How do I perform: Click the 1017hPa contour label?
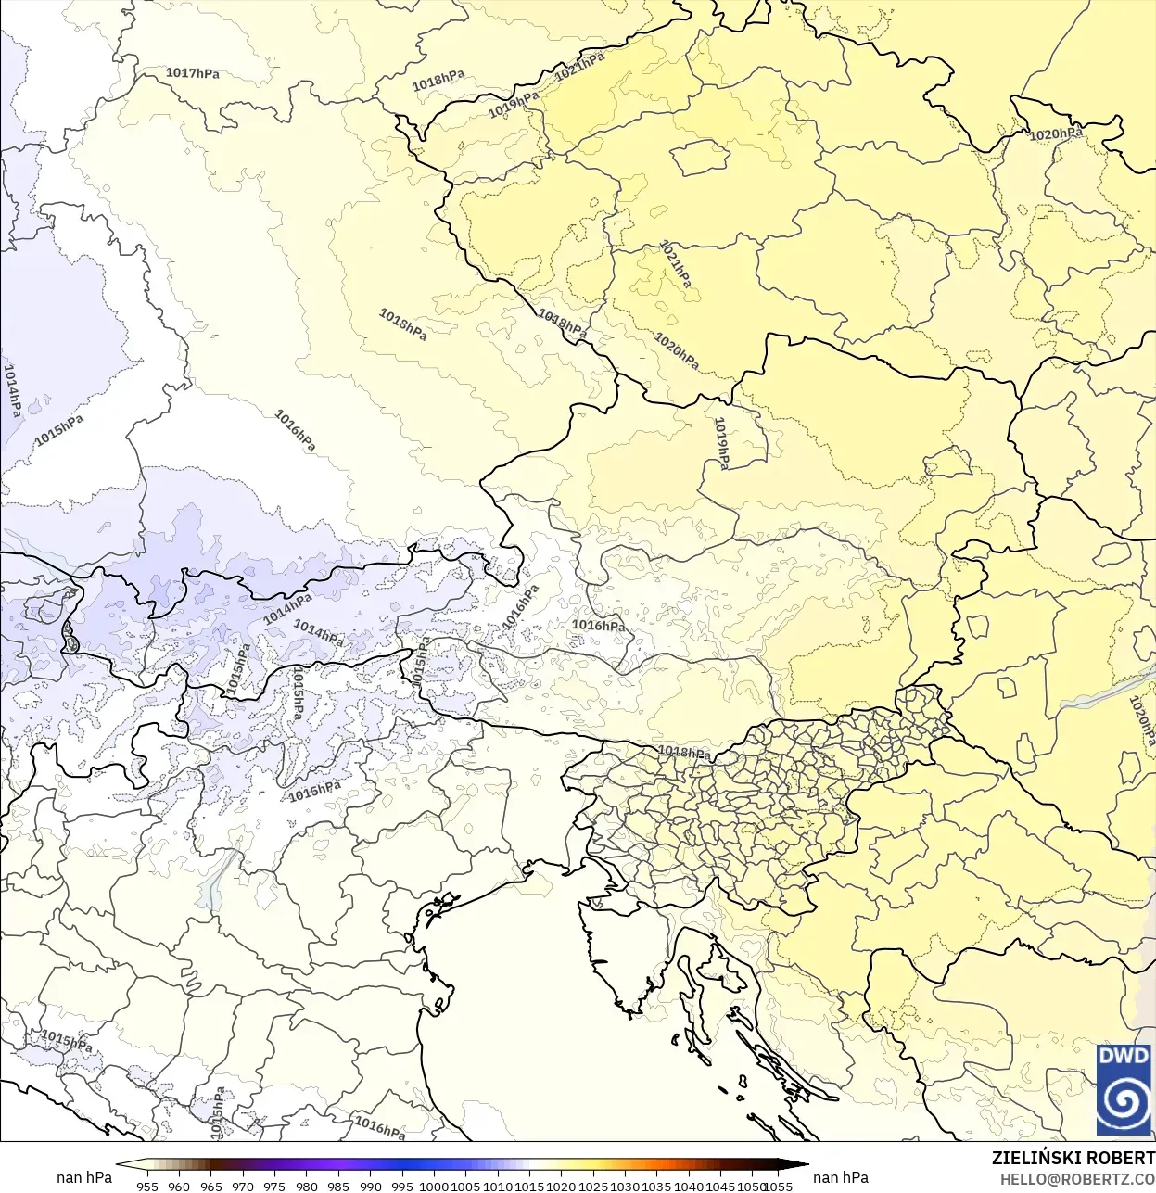point(193,73)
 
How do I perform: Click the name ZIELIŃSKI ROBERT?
point(1073,1158)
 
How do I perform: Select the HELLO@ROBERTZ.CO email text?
point(1077,1179)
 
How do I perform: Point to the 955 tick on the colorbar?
point(147,1186)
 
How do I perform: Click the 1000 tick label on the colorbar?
point(434,1186)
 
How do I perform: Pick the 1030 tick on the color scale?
point(625,1186)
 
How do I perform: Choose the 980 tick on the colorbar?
point(307,1186)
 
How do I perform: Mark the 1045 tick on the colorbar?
point(720,1186)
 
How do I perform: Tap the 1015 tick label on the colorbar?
point(529,1186)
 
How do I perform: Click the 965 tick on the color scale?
point(211,1186)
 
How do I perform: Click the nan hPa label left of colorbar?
point(84,1177)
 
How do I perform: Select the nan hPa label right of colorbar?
point(841,1177)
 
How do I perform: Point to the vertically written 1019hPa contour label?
point(721,443)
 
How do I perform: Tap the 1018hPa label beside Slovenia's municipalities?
point(684,752)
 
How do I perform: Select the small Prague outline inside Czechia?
point(701,159)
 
